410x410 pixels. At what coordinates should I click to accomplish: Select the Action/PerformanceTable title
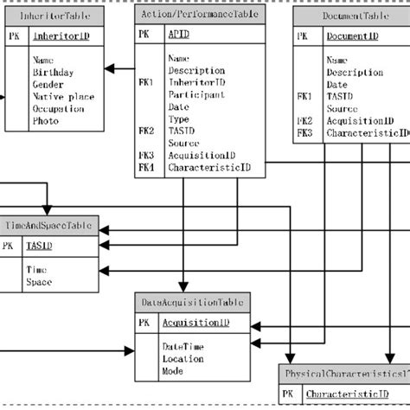pos(201,14)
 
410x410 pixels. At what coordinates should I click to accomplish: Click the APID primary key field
pos(179,35)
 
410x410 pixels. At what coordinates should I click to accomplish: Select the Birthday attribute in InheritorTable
pos(54,74)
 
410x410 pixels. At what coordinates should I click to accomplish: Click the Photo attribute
pos(47,122)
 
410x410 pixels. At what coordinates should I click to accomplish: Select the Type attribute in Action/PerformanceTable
pos(179,118)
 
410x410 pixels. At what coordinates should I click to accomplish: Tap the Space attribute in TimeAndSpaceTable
pos(39,282)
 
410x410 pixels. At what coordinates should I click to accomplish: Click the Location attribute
pos(184,358)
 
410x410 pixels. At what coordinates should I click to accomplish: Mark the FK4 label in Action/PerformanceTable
pos(146,165)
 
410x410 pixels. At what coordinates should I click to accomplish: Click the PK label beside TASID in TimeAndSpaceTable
pos(8,246)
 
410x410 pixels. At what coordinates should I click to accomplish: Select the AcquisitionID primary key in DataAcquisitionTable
pos(196,323)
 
